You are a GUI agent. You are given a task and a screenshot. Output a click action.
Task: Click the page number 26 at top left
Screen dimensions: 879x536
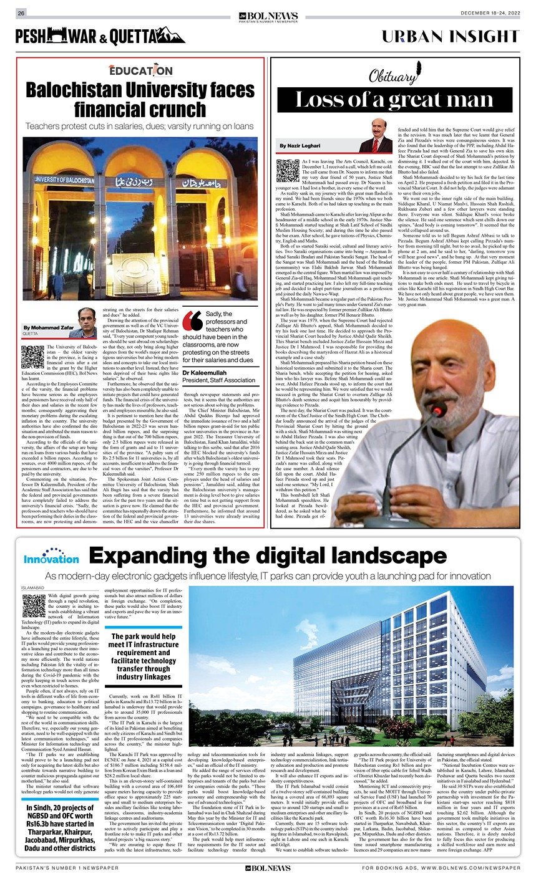point(21,13)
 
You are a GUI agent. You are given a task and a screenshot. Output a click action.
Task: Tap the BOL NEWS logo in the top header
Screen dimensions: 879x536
point(268,14)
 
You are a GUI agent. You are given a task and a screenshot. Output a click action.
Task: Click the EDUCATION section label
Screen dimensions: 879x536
point(140,70)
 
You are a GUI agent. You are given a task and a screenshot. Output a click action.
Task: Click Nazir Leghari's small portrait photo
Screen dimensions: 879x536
point(376,137)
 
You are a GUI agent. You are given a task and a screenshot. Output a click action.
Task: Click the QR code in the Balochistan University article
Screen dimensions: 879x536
point(32,356)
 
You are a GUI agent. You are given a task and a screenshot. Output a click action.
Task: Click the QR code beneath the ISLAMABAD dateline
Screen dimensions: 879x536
point(34,605)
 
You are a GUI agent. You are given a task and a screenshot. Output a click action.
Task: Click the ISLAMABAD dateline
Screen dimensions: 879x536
point(34,587)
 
